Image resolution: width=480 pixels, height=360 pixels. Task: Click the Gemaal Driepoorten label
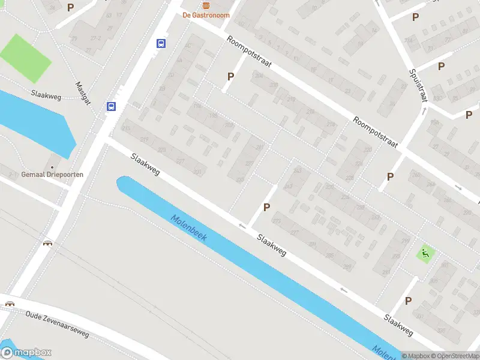[x=52, y=174]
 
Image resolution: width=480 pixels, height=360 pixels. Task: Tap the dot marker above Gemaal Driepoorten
[x=52, y=166]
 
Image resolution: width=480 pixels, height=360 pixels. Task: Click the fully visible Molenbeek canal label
[x=188, y=228]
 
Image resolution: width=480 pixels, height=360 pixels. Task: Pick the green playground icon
[x=426, y=254]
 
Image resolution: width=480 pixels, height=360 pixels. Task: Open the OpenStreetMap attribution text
[x=454, y=356]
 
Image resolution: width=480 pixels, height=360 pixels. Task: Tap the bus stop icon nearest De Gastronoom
[x=161, y=43]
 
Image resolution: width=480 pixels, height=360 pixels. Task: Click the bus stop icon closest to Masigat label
[x=111, y=106]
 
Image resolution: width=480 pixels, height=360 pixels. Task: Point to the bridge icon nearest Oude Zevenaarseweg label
[x=10, y=303]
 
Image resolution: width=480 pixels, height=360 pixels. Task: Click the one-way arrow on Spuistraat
[x=424, y=110]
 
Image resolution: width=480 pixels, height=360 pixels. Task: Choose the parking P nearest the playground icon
[x=409, y=301]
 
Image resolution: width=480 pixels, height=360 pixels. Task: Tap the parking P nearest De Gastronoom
[x=230, y=76]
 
